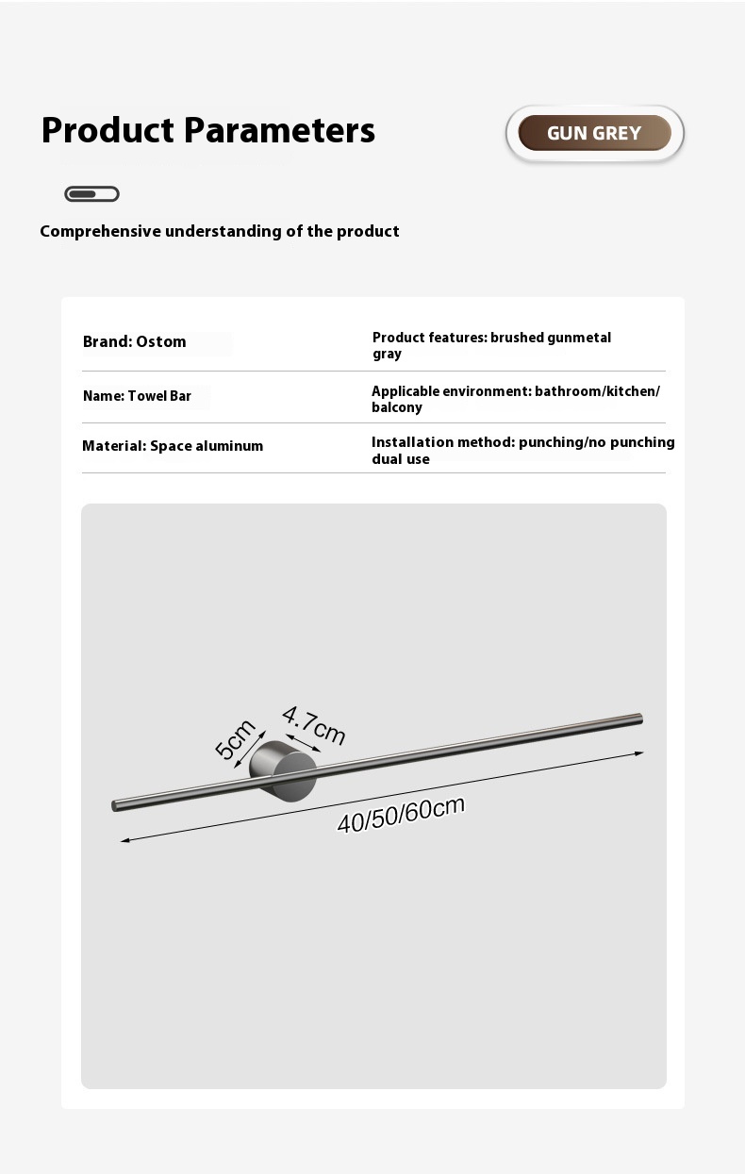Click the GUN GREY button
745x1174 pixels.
point(594,133)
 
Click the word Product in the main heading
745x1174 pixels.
point(108,130)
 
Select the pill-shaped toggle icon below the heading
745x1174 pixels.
point(91,194)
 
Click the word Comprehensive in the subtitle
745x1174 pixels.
point(100,231)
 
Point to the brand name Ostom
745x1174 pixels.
point(161,341)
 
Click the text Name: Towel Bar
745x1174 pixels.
point(137,396)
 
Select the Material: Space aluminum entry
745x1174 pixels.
point(173,446)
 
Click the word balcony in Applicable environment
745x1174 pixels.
point(397,407)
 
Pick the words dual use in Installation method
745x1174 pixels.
point(401,459)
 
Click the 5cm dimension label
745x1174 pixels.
point(235,738)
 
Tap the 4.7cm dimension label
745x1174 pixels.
point(314,724)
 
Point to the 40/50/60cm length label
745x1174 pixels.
point(401,814)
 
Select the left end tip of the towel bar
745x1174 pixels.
point(115,806)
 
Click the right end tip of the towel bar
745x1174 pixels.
point(640,719)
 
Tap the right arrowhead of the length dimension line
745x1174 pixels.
point(639,753)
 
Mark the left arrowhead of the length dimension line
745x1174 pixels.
point(124,839)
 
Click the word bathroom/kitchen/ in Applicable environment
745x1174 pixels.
point(597,391)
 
